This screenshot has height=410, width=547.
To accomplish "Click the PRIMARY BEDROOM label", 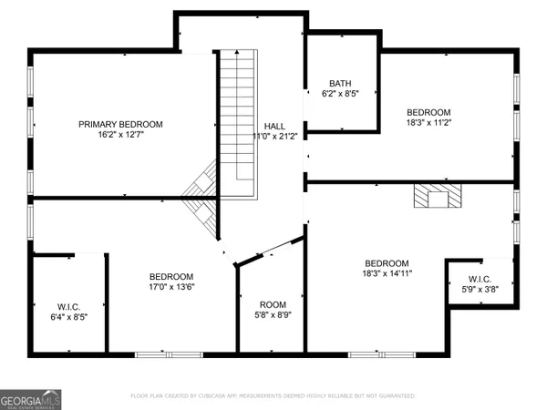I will pyautogui.click(x=120, y=124).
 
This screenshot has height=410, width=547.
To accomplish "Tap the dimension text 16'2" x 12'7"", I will pyautogui.click(x=120, y=136).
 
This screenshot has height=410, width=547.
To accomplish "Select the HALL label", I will pyautogui.click(x=273, y=125).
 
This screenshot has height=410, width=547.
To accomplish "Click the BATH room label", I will pyautogui.click(x=341, y=82).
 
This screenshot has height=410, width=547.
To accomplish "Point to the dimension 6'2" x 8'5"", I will pyautogui.click(x=341, y=93).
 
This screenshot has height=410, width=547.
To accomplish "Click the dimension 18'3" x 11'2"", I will pyautogui.click(x=428, y=123).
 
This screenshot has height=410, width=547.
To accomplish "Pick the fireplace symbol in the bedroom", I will pyautogui.click(x=437, y=196).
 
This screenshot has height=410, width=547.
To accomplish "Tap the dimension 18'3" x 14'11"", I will pyautogui.click(x=387, y=273).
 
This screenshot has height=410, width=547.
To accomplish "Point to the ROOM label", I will pyautogui.click(x=273, y=304).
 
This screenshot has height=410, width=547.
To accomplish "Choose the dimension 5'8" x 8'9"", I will pyautogui.click(x=273, y=315).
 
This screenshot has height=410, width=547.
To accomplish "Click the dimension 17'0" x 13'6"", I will pyautogui.click(x=171, y=288).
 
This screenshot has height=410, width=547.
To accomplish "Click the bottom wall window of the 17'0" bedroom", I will pyautogui.click(x=167, y=354).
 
